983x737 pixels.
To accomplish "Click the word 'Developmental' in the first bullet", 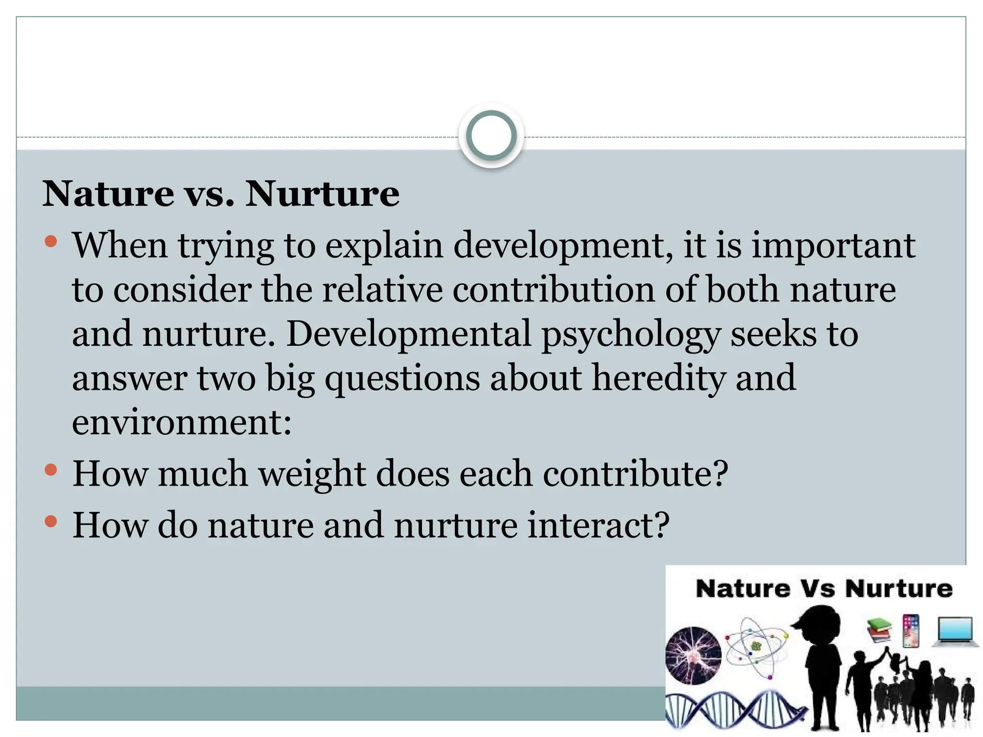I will coord(408,334).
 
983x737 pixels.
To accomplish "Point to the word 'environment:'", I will coord(182,422).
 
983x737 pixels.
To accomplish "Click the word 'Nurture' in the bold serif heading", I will coord(322,194).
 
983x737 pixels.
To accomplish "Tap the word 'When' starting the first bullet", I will coord(120,246).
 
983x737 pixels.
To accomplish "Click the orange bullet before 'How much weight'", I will coord(51,470).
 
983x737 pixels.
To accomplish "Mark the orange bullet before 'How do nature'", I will coord(51,521).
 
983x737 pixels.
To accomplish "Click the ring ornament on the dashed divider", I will coord(491,136).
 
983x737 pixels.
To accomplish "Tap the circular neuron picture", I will coord(693,655).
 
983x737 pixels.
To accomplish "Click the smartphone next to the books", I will coord(911,630).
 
